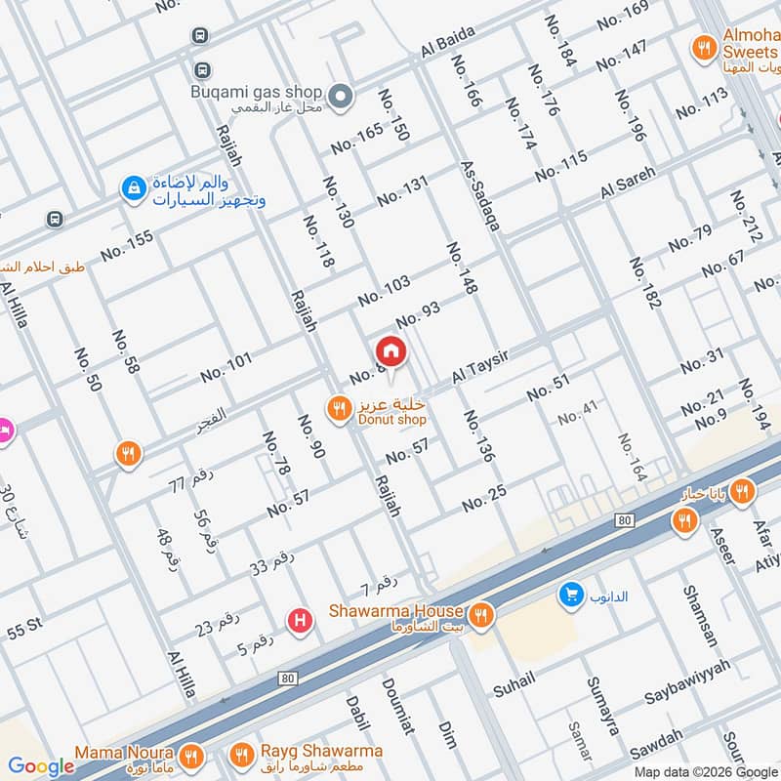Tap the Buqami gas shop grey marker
340,96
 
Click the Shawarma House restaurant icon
479,615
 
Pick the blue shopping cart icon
570,594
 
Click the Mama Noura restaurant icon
192,755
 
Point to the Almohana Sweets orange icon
702,45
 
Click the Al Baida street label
448,40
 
